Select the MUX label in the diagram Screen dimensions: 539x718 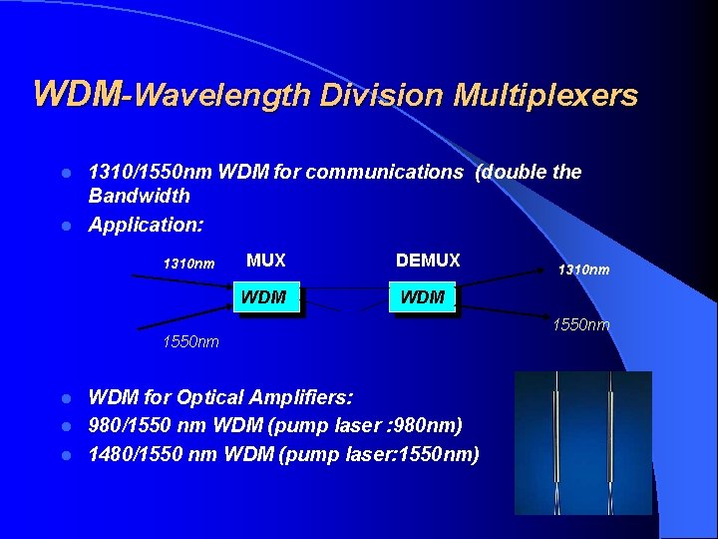click(x=266, y=261)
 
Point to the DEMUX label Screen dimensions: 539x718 click(x=428, y=261)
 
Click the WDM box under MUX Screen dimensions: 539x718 click(x=264, y=297)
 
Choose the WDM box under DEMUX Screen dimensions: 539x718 click(x=422, y=297)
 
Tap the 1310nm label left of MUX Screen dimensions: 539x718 click(x=188, y=265)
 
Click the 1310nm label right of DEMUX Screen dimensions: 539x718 click(x=583, y=269)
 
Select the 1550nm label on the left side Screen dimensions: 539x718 click(x=190, y=342)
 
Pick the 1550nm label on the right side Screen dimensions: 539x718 click(x=583, y=324)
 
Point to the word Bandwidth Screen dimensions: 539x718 click(x=139, y=196)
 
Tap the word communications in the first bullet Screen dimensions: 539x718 click(x=385, y=172)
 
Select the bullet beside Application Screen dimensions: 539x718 click(x=66, y=226)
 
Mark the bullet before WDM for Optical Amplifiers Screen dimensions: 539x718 click(x=66, y=397)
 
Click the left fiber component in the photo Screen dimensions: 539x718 click(x=554, y=439)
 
